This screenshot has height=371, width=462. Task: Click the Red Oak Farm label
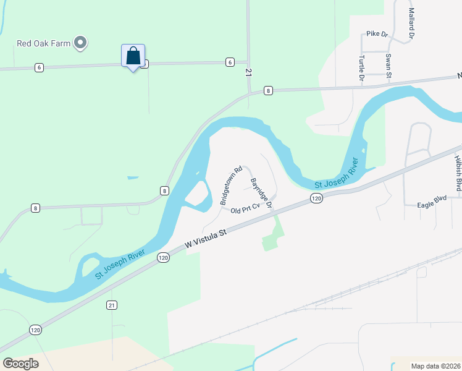click(43, 43)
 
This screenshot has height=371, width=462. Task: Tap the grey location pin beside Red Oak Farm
click(80, 43)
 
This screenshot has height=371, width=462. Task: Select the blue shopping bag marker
click(133, 57)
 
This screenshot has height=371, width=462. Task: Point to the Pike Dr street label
click(376, 34)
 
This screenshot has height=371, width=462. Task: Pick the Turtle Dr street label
click(361, 68)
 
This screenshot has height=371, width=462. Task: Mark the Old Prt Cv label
click(243, 210)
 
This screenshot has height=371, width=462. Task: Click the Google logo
click(21, 364)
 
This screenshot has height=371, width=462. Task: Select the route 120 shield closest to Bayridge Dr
click(316, 198)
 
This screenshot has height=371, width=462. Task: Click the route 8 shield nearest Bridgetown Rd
click(164, 191)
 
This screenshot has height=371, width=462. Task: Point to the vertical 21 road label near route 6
click(249, 73)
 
